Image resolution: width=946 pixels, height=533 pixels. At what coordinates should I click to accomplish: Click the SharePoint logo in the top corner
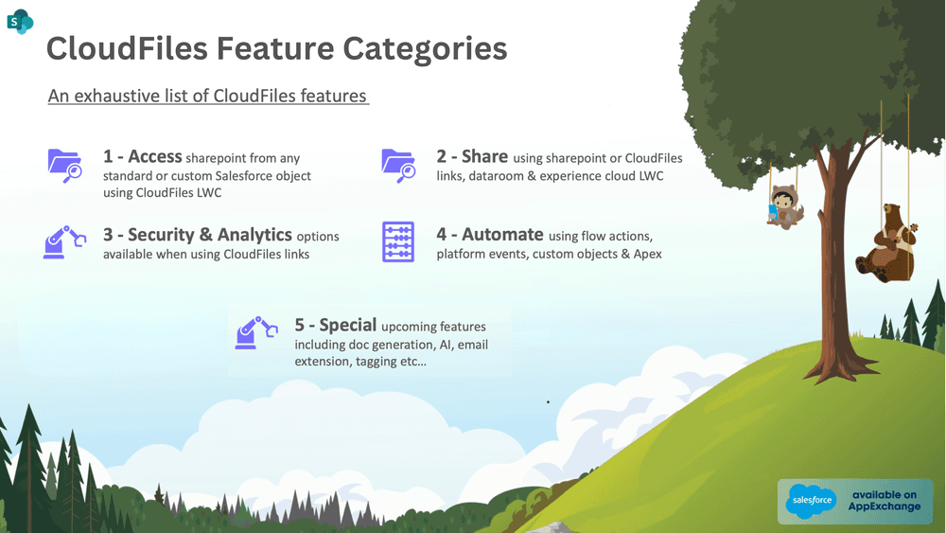tap(20, 21)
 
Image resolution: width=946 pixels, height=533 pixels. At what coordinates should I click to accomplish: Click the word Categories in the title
tap(423, 48)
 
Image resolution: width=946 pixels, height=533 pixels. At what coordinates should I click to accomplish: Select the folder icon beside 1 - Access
tap(65, 165)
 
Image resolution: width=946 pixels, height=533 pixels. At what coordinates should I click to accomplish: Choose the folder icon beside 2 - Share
tap(398, 165)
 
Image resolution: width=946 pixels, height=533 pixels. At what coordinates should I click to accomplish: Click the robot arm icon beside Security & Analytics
tap(65, 241)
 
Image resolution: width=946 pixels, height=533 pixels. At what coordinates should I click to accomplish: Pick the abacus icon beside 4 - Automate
tap(398, 241)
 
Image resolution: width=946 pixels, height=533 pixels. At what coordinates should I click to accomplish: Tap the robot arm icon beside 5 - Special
tap(256, 332)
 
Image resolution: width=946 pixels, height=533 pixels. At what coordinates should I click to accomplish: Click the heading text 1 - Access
tap(142, 157)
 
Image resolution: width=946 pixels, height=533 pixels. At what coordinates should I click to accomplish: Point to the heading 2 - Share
tap(472, 157)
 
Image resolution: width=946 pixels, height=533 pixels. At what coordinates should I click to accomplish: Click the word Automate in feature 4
tap(503, 235)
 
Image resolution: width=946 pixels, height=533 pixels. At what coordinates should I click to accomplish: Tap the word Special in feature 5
tap(348, 326)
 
